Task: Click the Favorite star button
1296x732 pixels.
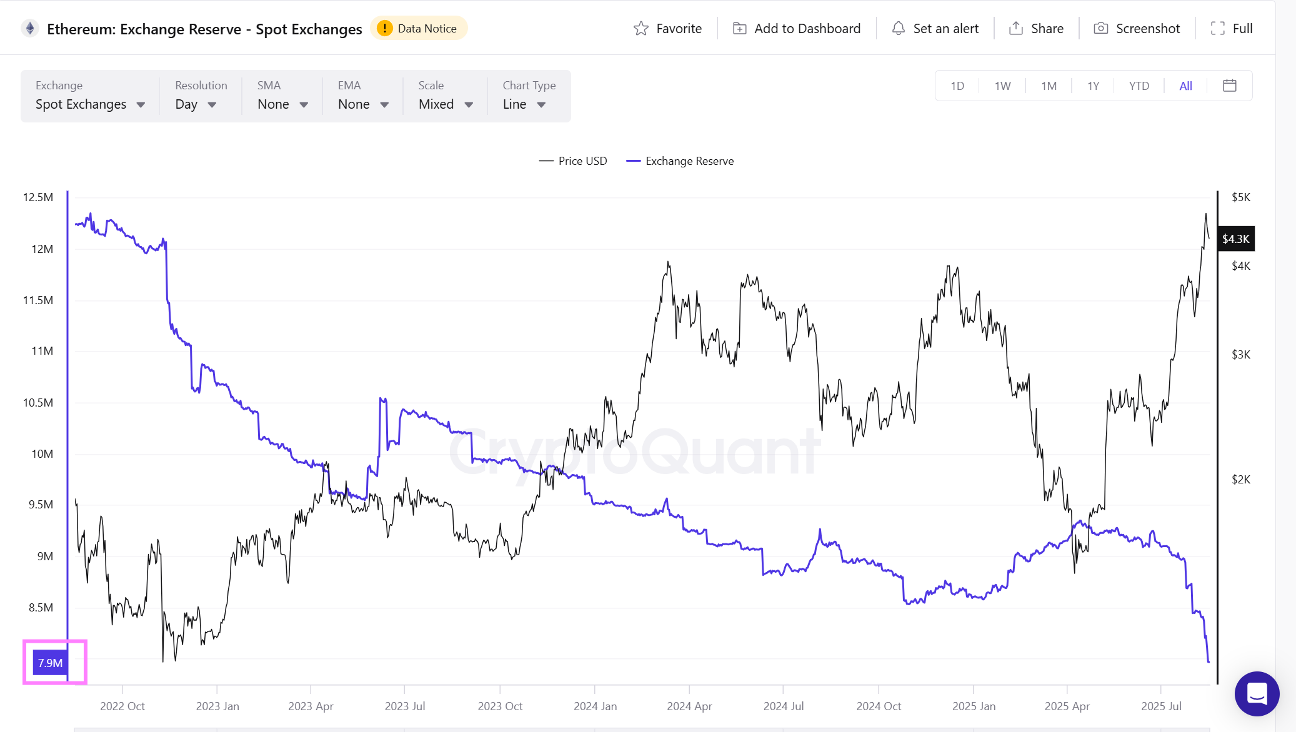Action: pos(667,29)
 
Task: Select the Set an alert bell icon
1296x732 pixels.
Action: pos(899,29)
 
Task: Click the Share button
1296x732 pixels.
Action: pos(1036,29)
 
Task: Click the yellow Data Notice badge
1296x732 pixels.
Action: pos(419,29)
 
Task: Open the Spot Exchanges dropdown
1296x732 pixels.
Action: pos(90,104)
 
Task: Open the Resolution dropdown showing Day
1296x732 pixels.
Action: pos(196,104)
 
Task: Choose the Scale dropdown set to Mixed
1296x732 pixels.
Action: pos(446,104)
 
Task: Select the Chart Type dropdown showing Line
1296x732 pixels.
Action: pos(524,104)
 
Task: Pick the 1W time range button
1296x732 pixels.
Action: pos(1002,86)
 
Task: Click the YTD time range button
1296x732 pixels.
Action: pos(1139,86)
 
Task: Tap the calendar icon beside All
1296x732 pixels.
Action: pos(1229,86)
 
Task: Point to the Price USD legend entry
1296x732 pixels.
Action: pos(573,161)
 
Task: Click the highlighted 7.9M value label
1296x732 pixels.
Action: pos(50,663)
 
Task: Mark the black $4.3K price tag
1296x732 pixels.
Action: pos(1235,239)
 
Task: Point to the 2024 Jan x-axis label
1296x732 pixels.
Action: pos(595,706)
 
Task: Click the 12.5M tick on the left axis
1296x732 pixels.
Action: pos(38,197)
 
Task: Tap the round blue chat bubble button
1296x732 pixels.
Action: pos(1257,694)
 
